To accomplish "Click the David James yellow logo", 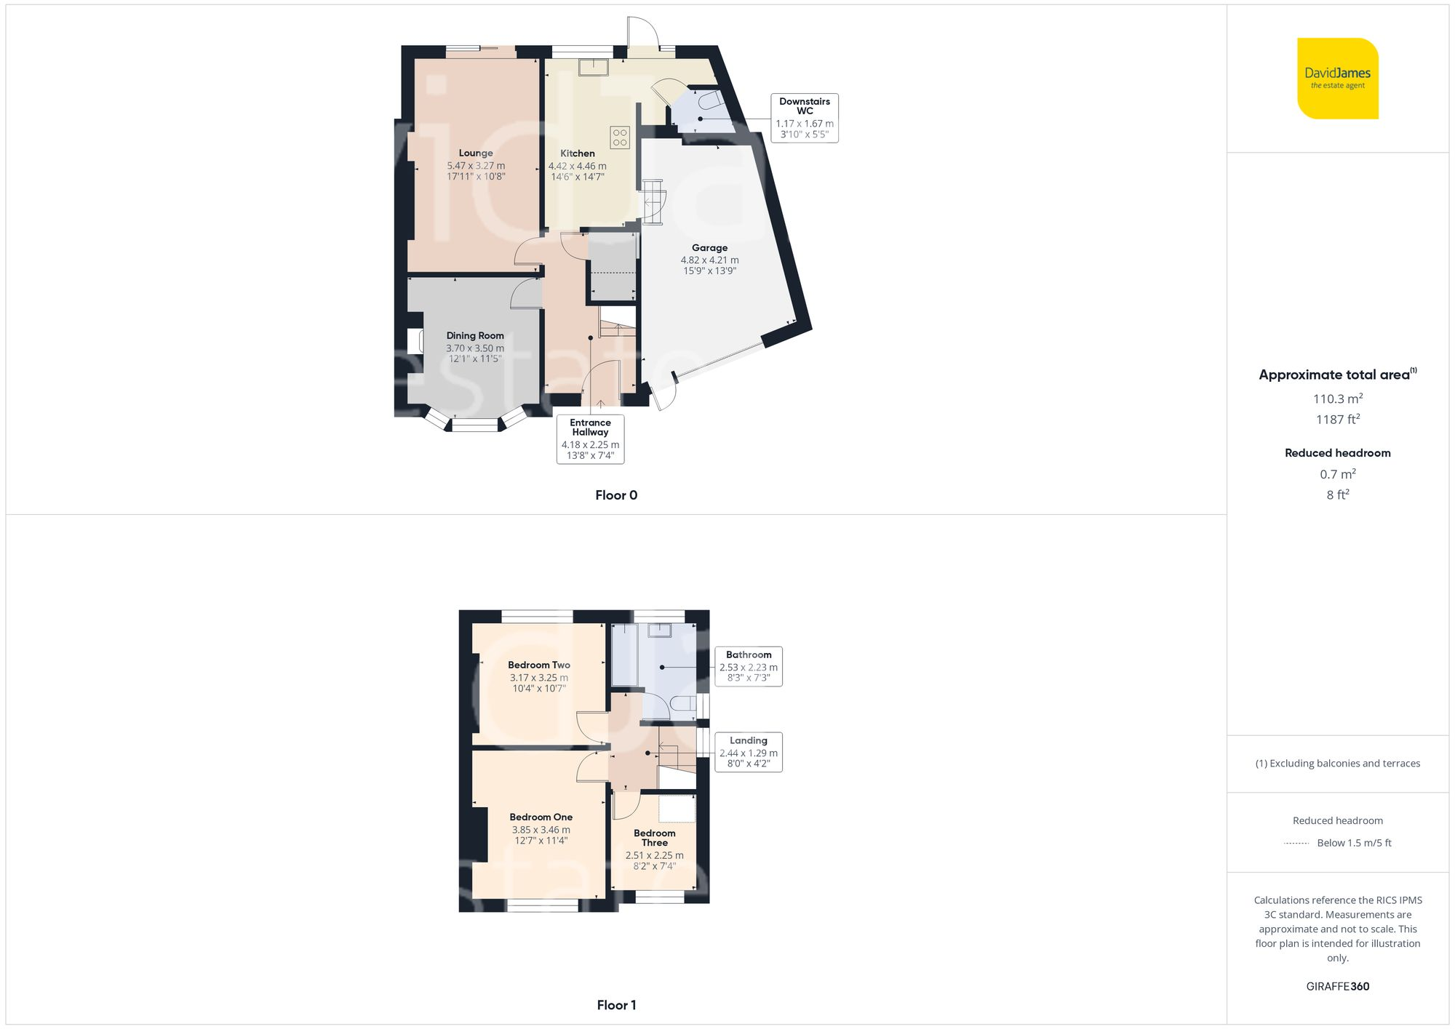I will (x=1337, y=79).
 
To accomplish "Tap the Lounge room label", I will (x=476, y=153).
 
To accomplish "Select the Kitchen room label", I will (x=578, y=153).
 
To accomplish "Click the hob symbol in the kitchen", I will (x=620, y=137).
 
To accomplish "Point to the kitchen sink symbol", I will (x=594, y=68).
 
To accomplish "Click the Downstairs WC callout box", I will (x=805, y=118).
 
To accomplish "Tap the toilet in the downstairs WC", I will (x=710, y=100).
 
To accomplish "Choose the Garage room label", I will (x=709, y=248).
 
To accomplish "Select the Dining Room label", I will (x=475, y=336).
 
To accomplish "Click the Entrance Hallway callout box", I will (x=590, y=439).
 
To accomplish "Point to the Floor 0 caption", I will (x=616, y=495).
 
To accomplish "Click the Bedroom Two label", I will (x=539, y=665).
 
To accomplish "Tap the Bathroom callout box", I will (x=749, y=666).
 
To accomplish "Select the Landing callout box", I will (x=749, y=752).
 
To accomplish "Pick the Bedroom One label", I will (x=541, y=817).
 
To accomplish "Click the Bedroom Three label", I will (x=655, y=838).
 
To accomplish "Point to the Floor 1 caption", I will (x=616, y=1005).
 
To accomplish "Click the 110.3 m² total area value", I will (x=1337, y=399).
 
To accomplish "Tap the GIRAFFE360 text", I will (x=1337, y=987).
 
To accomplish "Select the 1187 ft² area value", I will (x=1337, y=420).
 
